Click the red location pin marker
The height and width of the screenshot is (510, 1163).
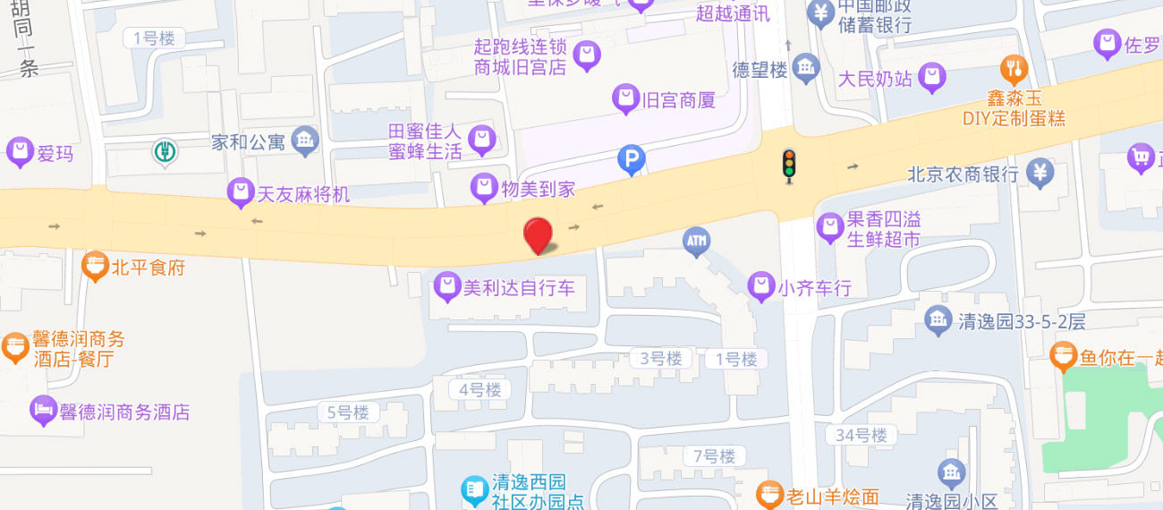click(537, 235)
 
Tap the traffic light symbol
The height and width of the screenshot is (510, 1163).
click(788, 166)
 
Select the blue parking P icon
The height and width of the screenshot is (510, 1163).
click(632, 161)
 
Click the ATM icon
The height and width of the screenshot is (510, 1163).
click(696, 241)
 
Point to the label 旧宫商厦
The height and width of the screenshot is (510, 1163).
click(679, 100)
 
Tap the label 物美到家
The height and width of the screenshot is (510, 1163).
click(537, 189)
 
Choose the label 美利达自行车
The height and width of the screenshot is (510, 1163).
click(519, 288)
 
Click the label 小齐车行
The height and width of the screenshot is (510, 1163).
click(814, 288)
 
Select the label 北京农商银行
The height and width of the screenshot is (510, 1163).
click(963, 174)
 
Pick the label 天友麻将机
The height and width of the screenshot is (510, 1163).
click(303, 193)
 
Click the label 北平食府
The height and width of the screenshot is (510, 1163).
click(149, 267)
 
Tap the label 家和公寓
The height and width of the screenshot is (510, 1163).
click(248, 141)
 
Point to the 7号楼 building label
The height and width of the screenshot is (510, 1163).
click(714, 456)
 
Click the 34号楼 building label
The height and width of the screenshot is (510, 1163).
click(862, 435)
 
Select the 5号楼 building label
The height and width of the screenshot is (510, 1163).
click(348, 412)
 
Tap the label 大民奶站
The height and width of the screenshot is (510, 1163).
click(875, 79)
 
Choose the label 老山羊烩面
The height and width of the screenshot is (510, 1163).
click(832, 496)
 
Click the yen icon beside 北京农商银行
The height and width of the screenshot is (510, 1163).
click(1040, 172)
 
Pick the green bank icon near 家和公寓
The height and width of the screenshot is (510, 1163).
click(164, 152)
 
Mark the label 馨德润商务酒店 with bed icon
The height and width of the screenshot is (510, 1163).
click(124, 412)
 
